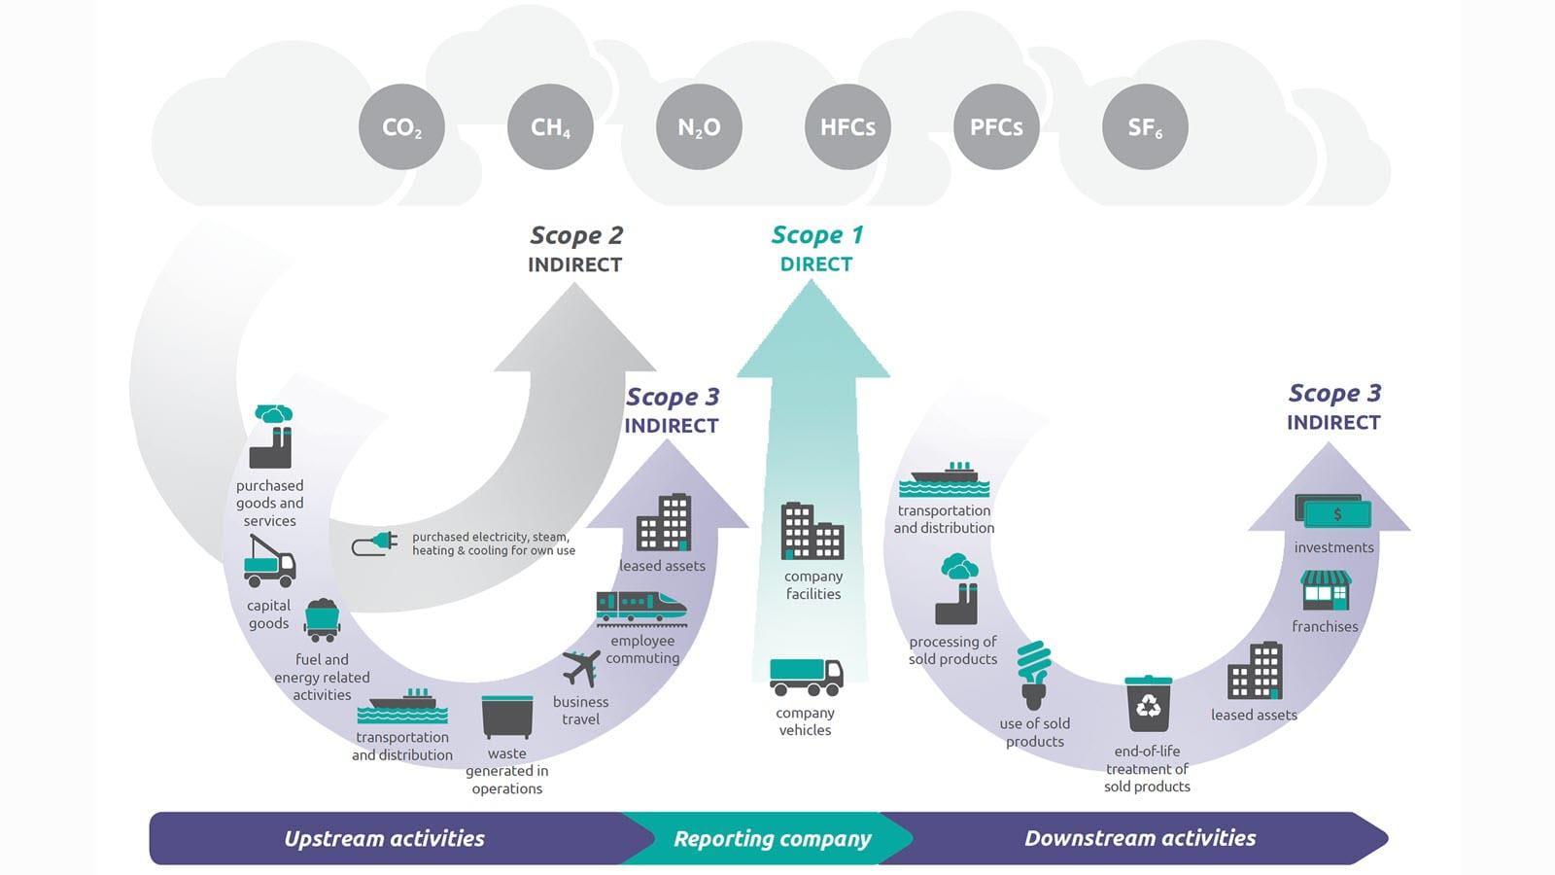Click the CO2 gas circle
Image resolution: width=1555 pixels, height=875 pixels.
(401, 127)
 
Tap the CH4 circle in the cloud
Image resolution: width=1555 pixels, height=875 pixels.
(550, 127)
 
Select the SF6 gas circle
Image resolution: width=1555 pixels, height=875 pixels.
(1145, 127)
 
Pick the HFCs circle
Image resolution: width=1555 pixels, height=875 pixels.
(847, 127)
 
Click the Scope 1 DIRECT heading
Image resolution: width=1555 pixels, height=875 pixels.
(816, 249)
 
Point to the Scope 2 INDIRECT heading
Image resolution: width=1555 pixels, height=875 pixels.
(575, 249)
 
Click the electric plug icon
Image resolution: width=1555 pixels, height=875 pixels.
(375, 543)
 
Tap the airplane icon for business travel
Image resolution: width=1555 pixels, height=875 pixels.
(580, 668)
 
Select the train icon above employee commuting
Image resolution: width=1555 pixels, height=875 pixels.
(641, 607)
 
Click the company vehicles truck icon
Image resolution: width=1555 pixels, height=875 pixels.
(806, 677)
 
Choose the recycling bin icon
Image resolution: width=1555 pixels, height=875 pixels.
(1148, 704)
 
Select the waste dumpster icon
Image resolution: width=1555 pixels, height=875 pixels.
(507, 717)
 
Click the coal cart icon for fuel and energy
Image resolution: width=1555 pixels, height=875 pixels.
(322, 619)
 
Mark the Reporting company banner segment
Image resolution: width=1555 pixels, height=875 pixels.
(772, 838)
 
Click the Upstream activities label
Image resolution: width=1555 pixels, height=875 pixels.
(384, 838)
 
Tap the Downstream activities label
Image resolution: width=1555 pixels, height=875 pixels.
(1140, 838)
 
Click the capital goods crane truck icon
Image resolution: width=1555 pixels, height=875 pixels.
(269, 562)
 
